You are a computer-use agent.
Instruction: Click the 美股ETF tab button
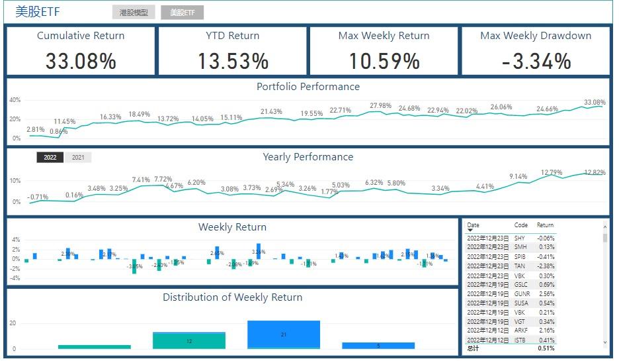point(182,13)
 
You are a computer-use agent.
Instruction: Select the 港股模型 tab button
point(134,13)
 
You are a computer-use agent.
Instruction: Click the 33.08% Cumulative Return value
point(81,62)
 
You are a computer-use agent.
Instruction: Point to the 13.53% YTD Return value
point(233,62)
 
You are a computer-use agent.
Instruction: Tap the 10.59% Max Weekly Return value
point(384,62)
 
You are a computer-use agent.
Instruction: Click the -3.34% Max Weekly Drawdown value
point(536,62)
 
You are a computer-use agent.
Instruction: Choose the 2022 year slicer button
point(50,158)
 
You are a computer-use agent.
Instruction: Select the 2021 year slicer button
point(78,158)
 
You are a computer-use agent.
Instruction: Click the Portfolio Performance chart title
point(308,87)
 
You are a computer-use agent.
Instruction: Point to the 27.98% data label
point(380,106)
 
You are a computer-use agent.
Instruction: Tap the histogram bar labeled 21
point(284,335)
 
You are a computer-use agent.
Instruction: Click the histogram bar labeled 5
point(378,345)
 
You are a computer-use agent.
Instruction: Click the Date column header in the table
point(473,225)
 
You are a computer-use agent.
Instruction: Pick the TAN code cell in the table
point(520,266)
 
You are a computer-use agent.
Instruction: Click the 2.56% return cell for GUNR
point(546,293)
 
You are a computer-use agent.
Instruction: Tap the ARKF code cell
point(520,331)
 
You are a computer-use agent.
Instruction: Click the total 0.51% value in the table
point(546,348)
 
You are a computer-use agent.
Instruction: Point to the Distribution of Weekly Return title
point(233,297)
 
